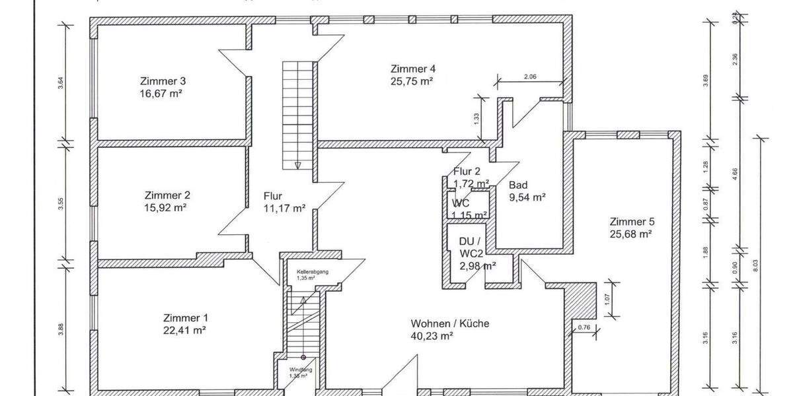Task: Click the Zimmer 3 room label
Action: (x=163, y=81)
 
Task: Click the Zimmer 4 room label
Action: (x=412, y=69)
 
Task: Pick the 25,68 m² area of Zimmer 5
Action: (x=631, y=234)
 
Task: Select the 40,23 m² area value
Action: (x=432, y=335)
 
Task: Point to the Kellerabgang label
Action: (x=313, y=271)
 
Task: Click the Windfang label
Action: (x=300, y=370)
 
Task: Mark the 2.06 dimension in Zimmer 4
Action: (x=530, y=77)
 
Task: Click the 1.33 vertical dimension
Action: (x=477, y=118)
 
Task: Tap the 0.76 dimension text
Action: (x=584, y=327)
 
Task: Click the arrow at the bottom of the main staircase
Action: (x=298, y=165)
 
